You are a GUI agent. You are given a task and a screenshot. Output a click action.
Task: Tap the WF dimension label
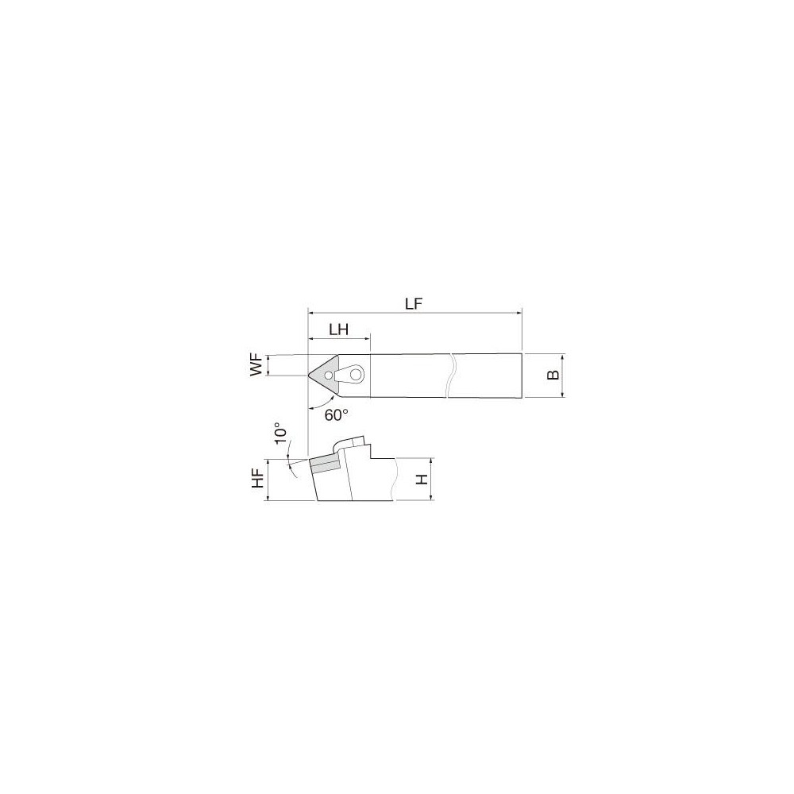point(256,367)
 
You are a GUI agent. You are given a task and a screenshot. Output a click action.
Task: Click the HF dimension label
point(256,480)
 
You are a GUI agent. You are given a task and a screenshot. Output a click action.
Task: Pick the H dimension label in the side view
point(422,480)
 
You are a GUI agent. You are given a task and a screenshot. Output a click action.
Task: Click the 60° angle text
point(337,414)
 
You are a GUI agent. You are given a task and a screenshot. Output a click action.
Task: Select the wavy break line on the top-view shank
point(451,375)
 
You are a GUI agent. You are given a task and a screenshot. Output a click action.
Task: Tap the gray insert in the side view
point(323,464)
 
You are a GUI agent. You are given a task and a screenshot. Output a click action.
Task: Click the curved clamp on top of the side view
point(349,442)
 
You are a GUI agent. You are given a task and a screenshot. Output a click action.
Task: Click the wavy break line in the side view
point(392,480)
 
